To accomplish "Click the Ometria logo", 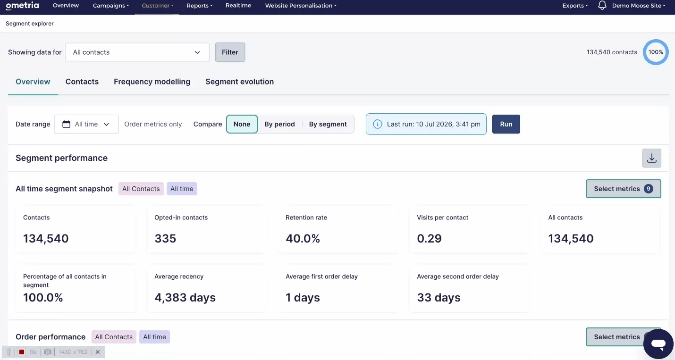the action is coord(22,6).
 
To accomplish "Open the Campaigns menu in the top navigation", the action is coord(110,5).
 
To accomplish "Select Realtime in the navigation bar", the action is coord(238,5).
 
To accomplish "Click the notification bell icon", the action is coord(602,5).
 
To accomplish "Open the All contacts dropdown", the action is coord(137,52).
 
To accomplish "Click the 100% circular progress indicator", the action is coord(656,52).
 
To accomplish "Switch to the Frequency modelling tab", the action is coord(152,82).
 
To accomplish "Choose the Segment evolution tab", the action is coord(240,82).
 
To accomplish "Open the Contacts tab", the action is coord(82,82).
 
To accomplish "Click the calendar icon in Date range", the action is coord(66,124).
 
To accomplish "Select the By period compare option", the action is coord(279,124).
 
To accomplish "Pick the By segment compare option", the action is coord(328,124).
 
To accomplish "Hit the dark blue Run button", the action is coord(506,124).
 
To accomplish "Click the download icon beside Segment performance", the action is coord(652,158).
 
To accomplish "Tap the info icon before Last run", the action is coord(378,124).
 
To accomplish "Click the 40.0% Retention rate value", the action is coord(303,239).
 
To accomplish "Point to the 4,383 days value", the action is coord(185,298).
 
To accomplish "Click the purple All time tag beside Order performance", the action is coord(154,337).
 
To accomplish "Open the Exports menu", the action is coord(575,5).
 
